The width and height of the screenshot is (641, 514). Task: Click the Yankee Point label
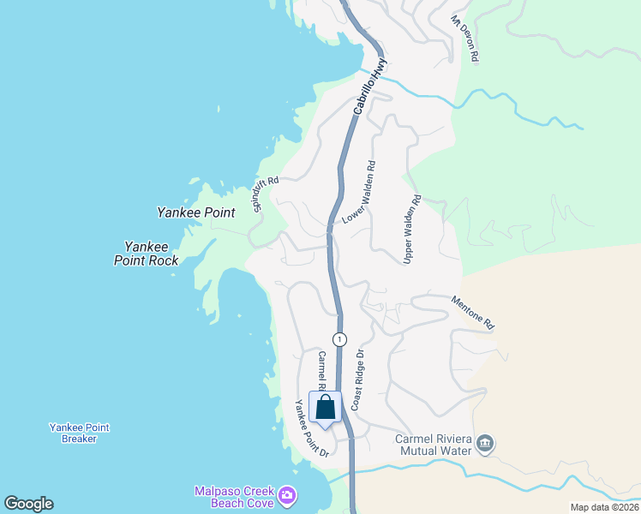tap(196, 212)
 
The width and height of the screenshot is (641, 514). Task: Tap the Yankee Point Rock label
tap(146, 254)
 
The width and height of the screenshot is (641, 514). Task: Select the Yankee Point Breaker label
tap(79, 433)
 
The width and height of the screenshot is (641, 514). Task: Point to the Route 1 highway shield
tap(340, 339)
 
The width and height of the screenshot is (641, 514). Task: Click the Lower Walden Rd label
tap(359, 193)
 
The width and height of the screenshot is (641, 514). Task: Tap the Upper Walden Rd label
tap(412, 229)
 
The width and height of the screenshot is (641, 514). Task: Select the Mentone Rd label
tap(473, 313)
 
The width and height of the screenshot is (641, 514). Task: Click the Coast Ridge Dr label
tap(359, 378)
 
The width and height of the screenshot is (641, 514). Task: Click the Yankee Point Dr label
tap(312, 428)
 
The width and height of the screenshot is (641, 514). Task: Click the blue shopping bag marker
tap(326, 408)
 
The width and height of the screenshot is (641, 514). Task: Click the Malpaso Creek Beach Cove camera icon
tap(287, 495)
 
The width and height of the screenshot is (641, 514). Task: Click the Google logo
tap(28, 504)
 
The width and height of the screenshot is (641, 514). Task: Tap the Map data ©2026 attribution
tap(603, 507)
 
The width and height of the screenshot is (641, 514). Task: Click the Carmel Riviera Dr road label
tap(322, 370)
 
